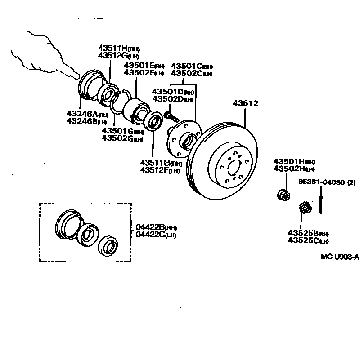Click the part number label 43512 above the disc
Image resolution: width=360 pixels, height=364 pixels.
pyautogui.click(x=246, y=103)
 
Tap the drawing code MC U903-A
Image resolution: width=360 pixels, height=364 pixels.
pyautogui.click(x=340, y=257)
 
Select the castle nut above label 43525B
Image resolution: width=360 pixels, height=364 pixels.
pyautogui.click(x=306, y=209)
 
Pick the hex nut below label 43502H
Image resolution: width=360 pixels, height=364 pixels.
pyautogui.click(x=283, y=194)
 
